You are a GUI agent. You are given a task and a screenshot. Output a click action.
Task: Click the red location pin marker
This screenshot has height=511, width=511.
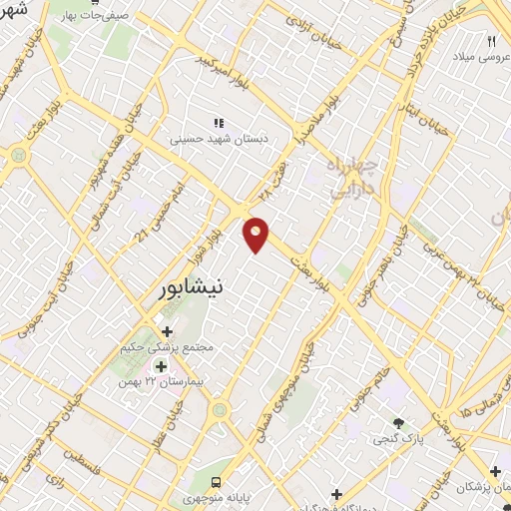257,233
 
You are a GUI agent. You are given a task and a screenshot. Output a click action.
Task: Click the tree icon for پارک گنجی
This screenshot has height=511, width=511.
398,423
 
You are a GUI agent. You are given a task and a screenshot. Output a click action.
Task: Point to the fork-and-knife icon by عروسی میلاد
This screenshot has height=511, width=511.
491,41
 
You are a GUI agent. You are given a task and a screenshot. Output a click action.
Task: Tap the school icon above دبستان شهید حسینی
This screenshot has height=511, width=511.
218,122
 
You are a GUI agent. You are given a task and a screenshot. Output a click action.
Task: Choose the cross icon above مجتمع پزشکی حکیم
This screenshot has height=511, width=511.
166,331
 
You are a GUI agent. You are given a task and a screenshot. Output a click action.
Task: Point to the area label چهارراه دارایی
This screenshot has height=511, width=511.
349,173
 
